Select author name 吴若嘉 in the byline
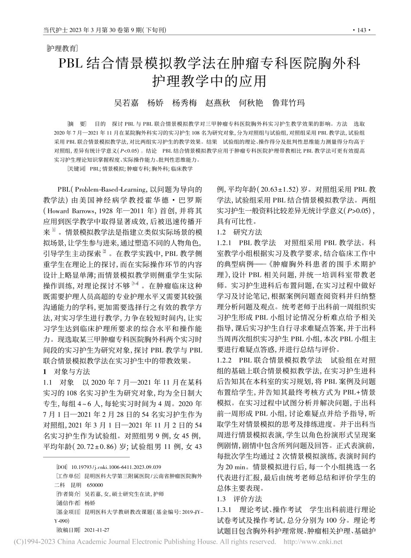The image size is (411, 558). pos(126,103)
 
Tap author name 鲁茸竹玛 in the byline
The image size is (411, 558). pos(288,103)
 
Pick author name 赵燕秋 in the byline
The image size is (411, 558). pos(217,103)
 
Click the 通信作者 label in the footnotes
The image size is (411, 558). pos(67,503)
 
